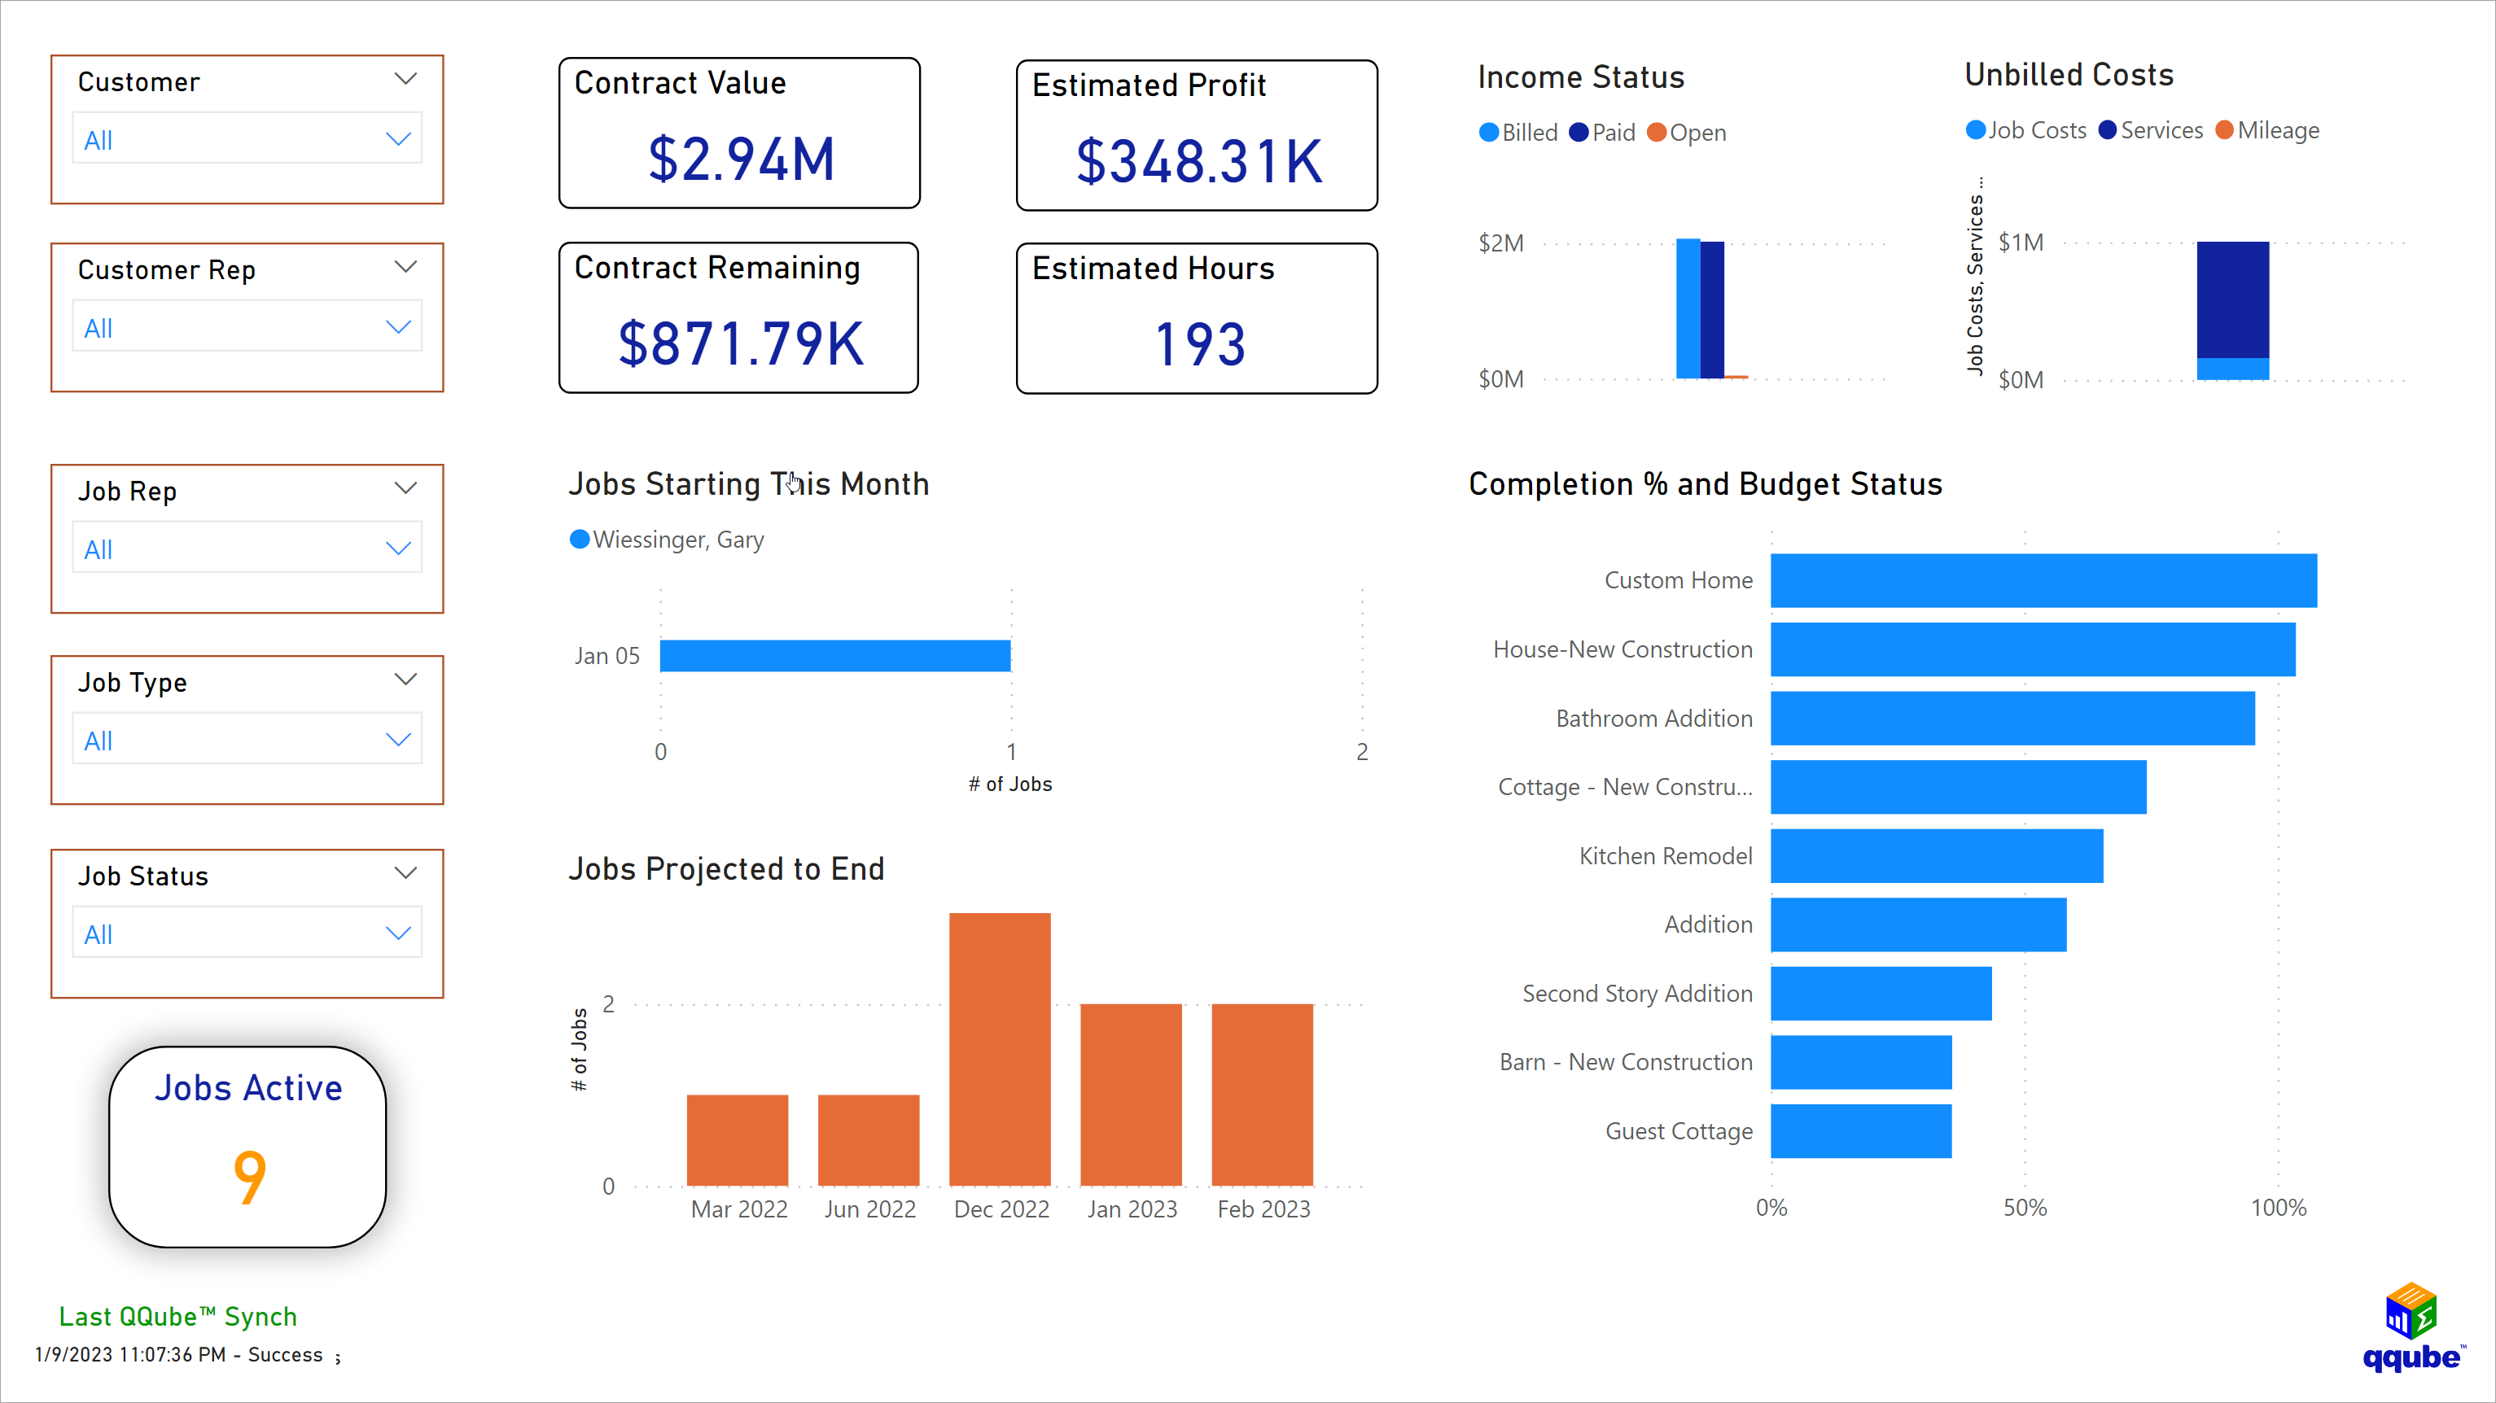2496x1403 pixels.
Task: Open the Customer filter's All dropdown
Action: (247, 139)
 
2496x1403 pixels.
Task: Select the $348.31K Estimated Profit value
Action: (1198, 161)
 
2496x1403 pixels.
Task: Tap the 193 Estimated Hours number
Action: (1199, 345)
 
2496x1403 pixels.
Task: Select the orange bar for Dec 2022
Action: (999, 1048)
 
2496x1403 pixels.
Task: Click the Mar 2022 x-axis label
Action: (738, 1209)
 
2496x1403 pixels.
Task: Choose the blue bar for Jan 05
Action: (834, 656)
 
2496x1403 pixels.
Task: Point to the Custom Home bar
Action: (2043, 580)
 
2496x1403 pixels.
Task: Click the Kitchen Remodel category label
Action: (1665, 855)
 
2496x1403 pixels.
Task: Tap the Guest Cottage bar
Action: (1860, 1130)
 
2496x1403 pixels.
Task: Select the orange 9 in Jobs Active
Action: (249, 1176)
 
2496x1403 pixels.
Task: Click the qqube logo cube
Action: (2410, 1310)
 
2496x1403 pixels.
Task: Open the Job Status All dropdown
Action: (247, 934)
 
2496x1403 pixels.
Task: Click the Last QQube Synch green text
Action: (177, 1317)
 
